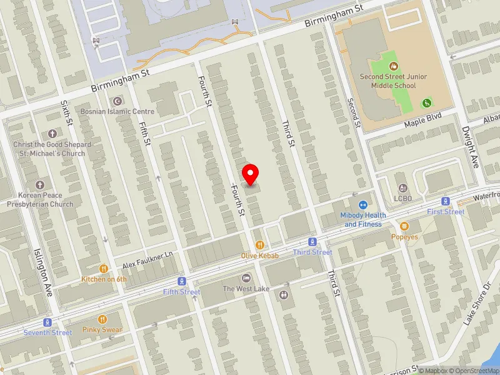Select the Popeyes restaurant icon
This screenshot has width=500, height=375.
405,226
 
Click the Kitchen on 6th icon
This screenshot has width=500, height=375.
103,269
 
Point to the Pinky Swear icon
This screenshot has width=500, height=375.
102,319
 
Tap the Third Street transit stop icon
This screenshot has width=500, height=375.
313,242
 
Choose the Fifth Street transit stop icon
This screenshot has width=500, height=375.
182,282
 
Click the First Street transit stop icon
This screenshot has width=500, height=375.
446,201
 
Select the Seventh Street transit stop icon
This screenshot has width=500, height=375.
47,322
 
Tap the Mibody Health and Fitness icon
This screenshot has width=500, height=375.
362,205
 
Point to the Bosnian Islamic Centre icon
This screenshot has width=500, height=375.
116,101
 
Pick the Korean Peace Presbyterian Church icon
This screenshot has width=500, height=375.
40,185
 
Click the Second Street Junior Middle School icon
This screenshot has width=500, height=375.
394,66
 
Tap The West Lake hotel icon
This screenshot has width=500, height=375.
246,278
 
